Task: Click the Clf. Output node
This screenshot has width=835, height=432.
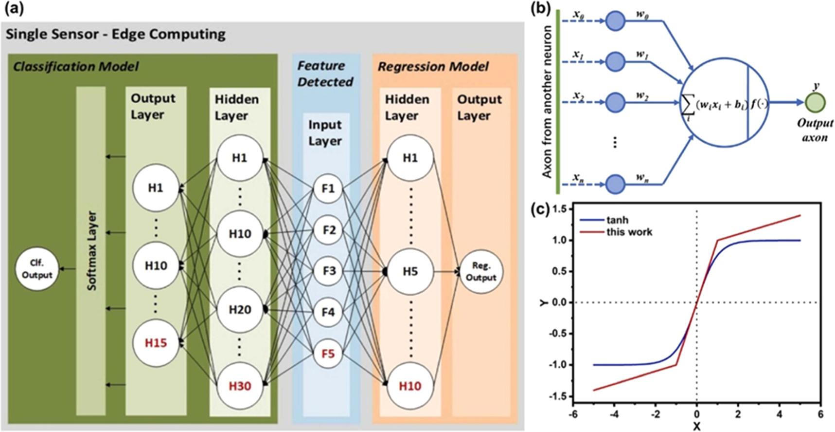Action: (x=37, y=269)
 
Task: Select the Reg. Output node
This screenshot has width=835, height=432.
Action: (x=480, y=272)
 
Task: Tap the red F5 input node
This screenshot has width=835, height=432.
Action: (x=328, y=353)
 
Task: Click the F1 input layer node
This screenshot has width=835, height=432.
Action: (x=328, y=188)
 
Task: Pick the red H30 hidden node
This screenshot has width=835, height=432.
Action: (x=240, y=386)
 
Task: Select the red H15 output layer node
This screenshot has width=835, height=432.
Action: (x=156, y=343)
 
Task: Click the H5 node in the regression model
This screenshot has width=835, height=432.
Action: (x=409, y=271)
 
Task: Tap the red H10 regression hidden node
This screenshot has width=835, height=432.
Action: (x=409, y=386)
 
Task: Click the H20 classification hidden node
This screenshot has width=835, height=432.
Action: (x=240, y=310)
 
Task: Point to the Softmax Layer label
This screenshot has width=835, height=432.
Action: (x=91, y=251)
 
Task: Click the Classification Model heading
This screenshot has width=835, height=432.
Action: (x=76, y=67)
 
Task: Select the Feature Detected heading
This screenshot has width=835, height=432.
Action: (x=325, y=74)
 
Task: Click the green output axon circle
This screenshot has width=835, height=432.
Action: (x=815, y=103)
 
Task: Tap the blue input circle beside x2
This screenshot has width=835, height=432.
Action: (x=615, y=102)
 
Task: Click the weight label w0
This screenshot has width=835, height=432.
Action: (x=643, y=14)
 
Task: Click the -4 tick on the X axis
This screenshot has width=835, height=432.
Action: (x=614, y=414)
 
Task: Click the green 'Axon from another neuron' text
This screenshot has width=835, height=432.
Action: (x=547, y=102)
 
